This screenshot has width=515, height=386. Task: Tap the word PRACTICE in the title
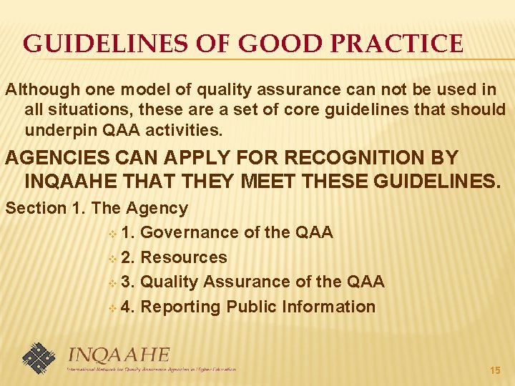[406, 44]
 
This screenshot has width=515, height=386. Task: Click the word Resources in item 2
[185, 257]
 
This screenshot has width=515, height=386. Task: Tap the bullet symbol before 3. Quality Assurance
[112, 283]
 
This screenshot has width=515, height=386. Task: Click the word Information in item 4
[328, 307]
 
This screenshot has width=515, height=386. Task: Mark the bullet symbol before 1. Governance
[112, 234]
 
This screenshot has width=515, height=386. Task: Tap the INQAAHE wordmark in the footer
[119, 355]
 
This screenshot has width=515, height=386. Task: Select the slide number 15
[494, 370]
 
